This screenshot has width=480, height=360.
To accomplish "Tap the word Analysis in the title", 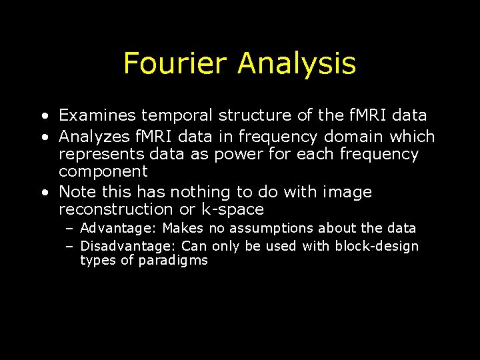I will click(x=297, y=65).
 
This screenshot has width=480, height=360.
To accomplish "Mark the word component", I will click(x=103, y=171).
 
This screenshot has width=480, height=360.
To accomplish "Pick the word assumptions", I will click(x=271, y=229).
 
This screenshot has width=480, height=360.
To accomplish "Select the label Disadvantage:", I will click(x=128, y=246).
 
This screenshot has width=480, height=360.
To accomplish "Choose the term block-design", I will click(x=377, y=246).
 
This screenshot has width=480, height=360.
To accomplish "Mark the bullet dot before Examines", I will click(x=43, y=116).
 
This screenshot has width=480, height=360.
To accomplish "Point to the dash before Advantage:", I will click(x=69, y=229).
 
